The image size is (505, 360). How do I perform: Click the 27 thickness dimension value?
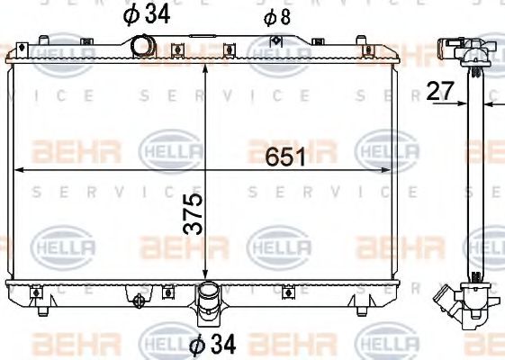pyautogui.click(x=439, y=90)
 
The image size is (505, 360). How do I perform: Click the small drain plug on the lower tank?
pyautogui.click(x=138, y=302)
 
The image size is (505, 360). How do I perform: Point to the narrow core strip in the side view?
pyautogui.click(x=475, y=180)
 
